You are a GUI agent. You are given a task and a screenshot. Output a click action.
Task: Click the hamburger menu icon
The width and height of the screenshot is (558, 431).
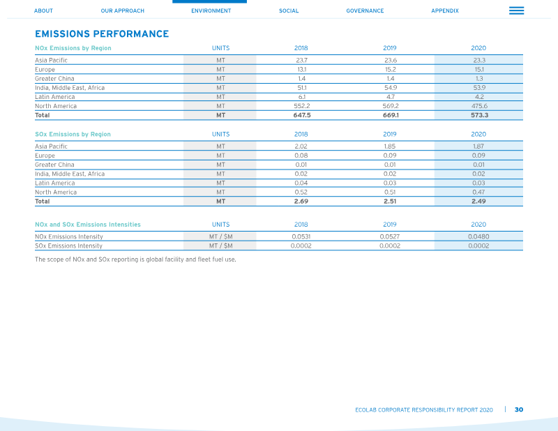click(x=516, y=10)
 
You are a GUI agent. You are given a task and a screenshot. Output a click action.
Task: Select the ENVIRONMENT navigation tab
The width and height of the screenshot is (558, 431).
click(x=211, y=10)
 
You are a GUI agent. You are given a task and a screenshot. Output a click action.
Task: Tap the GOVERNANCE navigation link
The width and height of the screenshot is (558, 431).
click(x=365, y=10)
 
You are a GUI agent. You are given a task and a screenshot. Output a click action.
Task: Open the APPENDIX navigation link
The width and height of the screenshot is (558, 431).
click(x=445, y=10)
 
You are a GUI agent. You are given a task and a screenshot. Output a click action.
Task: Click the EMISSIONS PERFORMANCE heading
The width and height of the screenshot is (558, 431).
click(x=102, y=33)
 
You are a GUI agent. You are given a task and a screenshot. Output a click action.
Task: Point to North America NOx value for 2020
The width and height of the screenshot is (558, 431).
click(x=479, y=106)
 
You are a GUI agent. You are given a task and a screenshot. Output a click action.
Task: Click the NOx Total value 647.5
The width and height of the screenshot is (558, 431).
click(x=302, y=115)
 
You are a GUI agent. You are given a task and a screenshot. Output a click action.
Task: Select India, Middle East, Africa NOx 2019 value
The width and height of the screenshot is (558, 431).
click(x=391, y=88)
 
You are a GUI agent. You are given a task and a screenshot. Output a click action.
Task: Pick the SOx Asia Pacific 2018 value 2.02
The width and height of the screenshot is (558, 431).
click(x=301, y=146)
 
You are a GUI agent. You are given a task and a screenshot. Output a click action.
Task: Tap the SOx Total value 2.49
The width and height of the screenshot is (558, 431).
click(x=478, y=201)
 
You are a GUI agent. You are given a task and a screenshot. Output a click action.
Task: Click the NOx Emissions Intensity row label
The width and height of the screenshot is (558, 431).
click(x=69, y=236)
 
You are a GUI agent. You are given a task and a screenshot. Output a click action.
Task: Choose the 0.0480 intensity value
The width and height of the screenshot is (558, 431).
click(x=478, y=236)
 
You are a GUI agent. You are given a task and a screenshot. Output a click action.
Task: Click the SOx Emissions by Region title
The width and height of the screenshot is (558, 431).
click(x=73, y=134)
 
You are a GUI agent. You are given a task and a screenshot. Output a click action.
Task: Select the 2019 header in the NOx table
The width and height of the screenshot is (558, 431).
click(x=390, y=48)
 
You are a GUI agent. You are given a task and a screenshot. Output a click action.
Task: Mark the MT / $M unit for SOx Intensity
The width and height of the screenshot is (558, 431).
click(x=220, y=246)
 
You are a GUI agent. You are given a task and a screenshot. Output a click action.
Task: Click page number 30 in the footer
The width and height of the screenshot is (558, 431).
click(x=519, y=409)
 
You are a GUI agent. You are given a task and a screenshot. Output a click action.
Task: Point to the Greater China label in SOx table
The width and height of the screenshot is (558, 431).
click(x=54, y=165)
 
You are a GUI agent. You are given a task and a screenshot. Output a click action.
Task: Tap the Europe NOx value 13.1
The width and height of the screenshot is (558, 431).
click(x=302, y=70)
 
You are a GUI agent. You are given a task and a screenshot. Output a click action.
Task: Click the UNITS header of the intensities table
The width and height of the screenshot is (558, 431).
click(x=220, y=225)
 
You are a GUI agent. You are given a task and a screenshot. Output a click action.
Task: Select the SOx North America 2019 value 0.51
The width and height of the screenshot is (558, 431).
click(x=390, y=192)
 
